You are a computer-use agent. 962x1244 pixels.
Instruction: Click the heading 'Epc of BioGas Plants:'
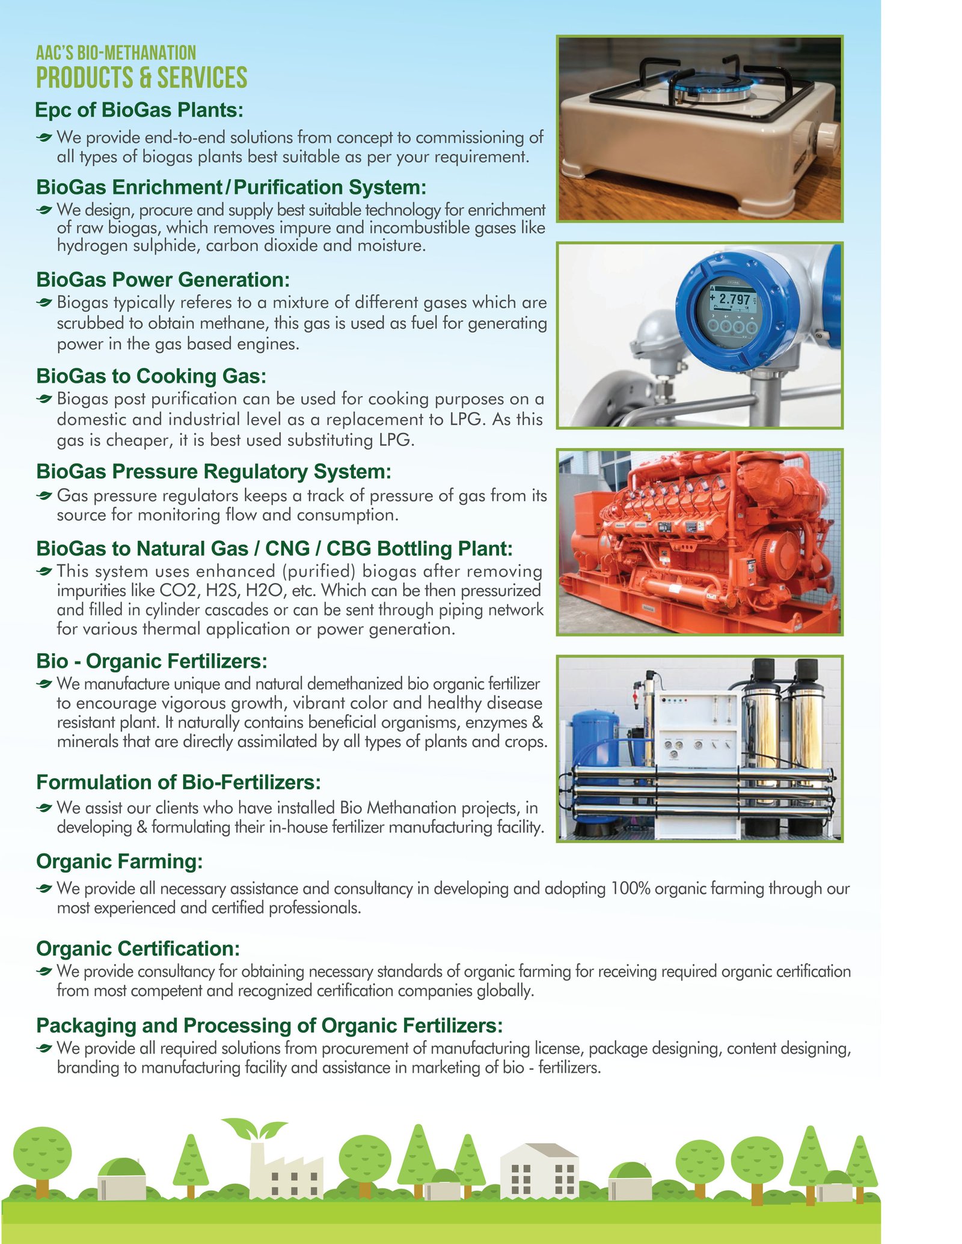pyautogui.click(x=139, y=110)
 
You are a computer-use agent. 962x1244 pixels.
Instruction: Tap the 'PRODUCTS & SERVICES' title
pyautogui.click(x=141, y=78)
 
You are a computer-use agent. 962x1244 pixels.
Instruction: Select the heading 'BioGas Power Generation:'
pyautogui.click(x=163, y=279)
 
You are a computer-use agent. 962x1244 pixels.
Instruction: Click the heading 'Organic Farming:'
pyautogui.click(x=119, y=861)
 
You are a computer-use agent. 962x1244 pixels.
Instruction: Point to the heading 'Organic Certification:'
pyautogui.click(x=138, y=948)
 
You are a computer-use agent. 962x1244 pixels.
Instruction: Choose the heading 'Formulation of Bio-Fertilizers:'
pyautogui.click(x=179, y=782)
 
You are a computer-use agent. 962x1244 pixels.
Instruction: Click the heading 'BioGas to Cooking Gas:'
pyautogui.click(x=151, y=376)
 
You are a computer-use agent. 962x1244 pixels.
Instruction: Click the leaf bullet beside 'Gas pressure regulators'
pyautogui.click(x=44, y=496)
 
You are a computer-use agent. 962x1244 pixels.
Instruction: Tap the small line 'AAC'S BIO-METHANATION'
pyautogui.click(x=116, y=53)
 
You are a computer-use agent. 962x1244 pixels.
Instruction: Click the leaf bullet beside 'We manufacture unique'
pyautogui.click(x=44, y=684)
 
